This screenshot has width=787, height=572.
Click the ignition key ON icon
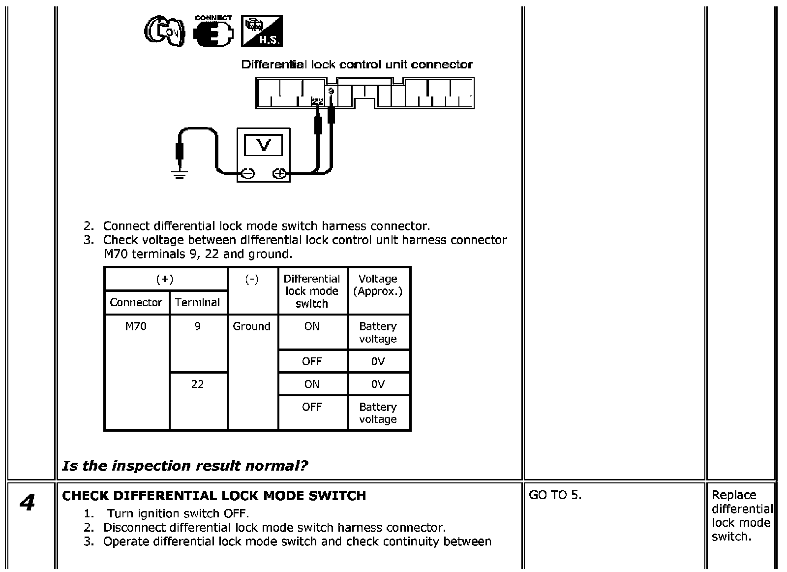pos(164,31)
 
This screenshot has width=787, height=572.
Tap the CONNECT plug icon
pos(213,31)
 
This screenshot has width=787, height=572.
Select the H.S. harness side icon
pos(262,31)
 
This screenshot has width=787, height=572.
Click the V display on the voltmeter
pos(264,145)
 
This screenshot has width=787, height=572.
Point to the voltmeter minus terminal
pos(248,173)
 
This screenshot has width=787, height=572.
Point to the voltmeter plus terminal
pos(279,173)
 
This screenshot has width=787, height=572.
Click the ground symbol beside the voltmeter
pos(179,174)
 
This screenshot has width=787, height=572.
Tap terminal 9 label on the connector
pos(331,92)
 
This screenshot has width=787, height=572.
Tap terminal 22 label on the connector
pos(318,101)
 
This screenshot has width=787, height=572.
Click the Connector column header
pos(136,302)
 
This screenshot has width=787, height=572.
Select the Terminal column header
pos(197,302)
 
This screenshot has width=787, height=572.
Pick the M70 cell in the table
pos(136,326)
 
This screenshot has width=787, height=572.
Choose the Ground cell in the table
pos(251,326)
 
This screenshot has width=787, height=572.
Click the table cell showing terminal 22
pos(197,384)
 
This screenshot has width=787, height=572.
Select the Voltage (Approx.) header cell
pos(378,285)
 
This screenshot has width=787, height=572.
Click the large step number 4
pos(27,503)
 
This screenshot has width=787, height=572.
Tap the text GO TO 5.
pos(555,495)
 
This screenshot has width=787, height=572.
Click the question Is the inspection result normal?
pos(185,466)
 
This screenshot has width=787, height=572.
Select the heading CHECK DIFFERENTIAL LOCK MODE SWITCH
pos(214,496)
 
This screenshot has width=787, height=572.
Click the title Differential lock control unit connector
pos(357,64)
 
